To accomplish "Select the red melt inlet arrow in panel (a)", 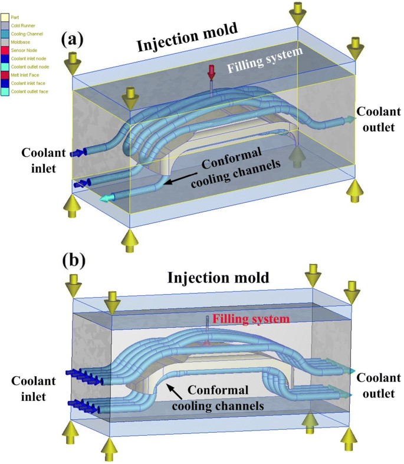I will [x=211, y=72].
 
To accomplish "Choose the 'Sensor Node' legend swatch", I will [x=5, y=51].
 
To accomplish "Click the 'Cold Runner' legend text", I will [x=24, y=26].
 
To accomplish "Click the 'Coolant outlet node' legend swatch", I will [x=5, y=67].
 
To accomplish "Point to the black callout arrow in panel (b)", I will [x=175, y=390].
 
